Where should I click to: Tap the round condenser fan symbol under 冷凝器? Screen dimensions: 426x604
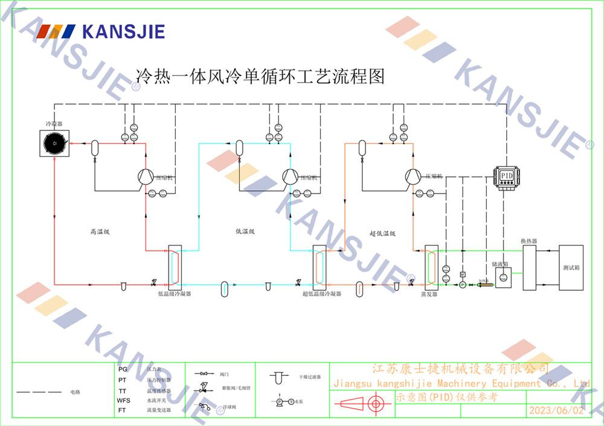54,144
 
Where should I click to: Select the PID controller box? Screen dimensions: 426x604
506,175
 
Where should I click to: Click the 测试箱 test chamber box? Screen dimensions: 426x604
571,267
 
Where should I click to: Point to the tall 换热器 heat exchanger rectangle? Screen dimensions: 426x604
530,268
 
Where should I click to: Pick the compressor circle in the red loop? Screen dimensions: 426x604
145,176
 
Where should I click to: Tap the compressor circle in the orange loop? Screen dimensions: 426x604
413,176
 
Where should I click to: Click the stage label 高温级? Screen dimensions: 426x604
99,231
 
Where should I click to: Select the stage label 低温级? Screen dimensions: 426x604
245,231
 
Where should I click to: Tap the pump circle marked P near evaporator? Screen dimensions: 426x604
463,284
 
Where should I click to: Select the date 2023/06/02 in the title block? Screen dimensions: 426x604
556,410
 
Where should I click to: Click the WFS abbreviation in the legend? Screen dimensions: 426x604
123,400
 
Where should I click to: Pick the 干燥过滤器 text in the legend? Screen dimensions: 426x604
309,377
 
